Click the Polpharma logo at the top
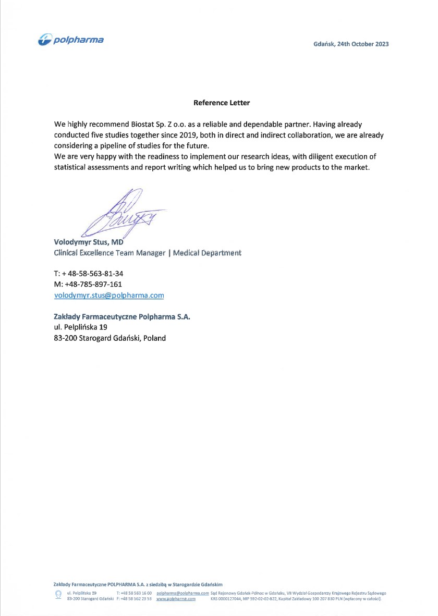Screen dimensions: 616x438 71,40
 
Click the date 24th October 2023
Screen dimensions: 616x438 363,44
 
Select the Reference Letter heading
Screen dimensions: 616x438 222,103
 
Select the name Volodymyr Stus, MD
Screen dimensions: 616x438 88,242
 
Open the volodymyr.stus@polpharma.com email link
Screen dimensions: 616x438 109,295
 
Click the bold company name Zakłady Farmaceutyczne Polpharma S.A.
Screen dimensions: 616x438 122,316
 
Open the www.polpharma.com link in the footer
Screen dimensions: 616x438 176,599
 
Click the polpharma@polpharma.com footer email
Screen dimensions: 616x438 182,593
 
